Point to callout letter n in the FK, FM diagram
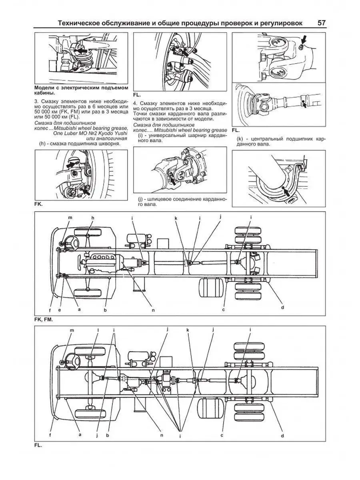pyautogui.click(x=154, y=309)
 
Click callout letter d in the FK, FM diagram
pyautogui.click(x=282, y=307)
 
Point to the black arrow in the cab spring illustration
pyautogui.click(x=81, y=51)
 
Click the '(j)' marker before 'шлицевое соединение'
pyautogui.click(x=140, y=199)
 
